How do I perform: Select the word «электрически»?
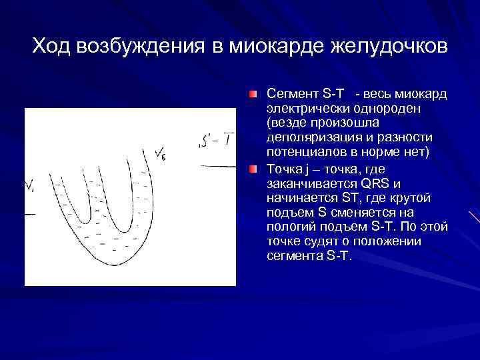(303, 108)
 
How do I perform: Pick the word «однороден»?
(376, 108)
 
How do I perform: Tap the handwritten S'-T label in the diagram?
(217, 141)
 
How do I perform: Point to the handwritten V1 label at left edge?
(30, 187)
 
